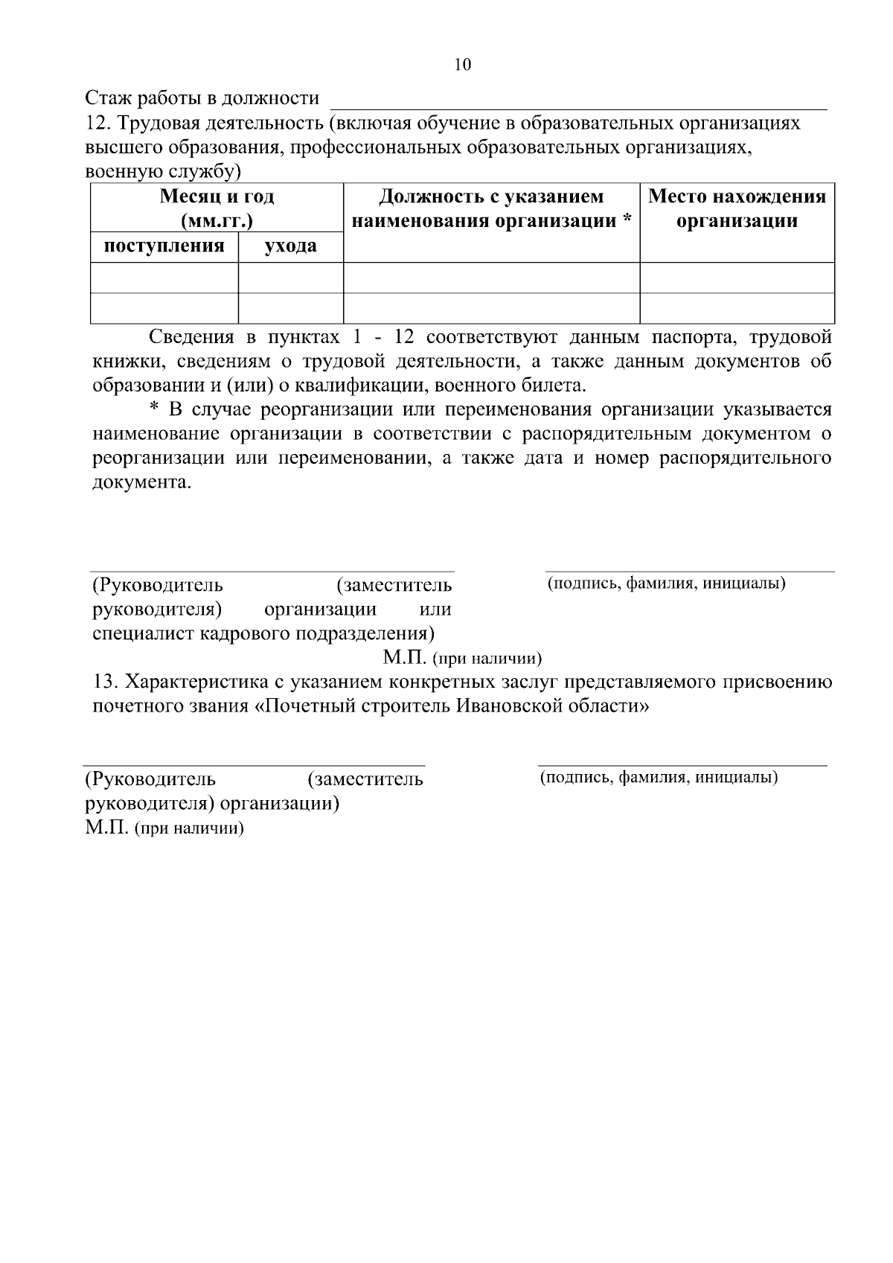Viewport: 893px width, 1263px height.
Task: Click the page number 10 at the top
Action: pyautogui.click(x=462, y=65)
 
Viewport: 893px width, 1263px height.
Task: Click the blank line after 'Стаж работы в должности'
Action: pyautogui.click(x=578, y=102)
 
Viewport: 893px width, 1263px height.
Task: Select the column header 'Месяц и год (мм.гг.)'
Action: pyautogui.click(x=217, y=208)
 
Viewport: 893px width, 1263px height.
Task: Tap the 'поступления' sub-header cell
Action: pyautogui.click(x=164, y=246)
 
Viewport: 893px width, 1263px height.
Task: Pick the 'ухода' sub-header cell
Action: pyautogui.click(x=290, y=246)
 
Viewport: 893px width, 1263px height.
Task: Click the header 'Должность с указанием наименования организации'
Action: pyautogui.click(x=491, y=208)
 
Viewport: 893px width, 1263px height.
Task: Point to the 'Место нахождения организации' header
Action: pyautogui.click(x=737, y=208)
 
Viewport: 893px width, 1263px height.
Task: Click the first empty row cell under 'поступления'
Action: pyautogui.click(x=164, y=278)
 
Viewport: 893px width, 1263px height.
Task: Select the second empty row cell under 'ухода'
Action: pyautogui.click(x=290, y=308)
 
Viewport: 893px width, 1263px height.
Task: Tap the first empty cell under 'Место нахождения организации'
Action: pyautogui.click(x=737, y=278)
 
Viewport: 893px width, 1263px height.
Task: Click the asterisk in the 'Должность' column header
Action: pyautogui.click(x=627, y=220)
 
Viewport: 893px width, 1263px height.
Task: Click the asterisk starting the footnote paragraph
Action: pyautogui.click(x=155, y=409)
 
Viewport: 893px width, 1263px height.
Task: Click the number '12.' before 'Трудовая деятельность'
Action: pyautogui.click(x=97, y=123)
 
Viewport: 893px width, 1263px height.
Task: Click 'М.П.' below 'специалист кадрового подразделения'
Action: pyautogui.click(x=404, y=658)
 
